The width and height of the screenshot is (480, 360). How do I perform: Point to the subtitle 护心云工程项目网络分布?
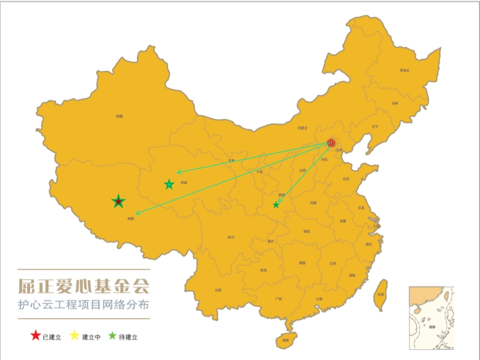click(x=83, y=305)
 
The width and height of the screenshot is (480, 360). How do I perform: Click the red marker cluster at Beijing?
click(x=331, y=143)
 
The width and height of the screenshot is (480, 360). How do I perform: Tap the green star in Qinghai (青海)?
click(x=169, y=185)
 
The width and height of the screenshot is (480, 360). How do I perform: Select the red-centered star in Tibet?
click(x=119, y=202)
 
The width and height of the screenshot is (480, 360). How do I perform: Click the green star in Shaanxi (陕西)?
click(x=276, y=205)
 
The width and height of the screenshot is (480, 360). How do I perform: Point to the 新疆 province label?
click(x=119, y=116)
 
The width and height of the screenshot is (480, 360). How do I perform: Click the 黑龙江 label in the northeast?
click(x=405, y=71)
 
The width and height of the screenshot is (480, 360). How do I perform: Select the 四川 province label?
click(x=231, y=238)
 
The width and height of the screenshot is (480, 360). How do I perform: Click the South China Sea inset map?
click(x=431, y=317)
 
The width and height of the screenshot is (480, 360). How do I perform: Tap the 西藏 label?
click(x=130, y=219)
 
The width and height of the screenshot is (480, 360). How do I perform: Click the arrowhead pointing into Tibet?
click(x=137, y=213)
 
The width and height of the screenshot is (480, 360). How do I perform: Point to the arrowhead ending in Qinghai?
click(x=178, y=173)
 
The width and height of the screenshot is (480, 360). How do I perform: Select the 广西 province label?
click(x=278, y=298)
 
